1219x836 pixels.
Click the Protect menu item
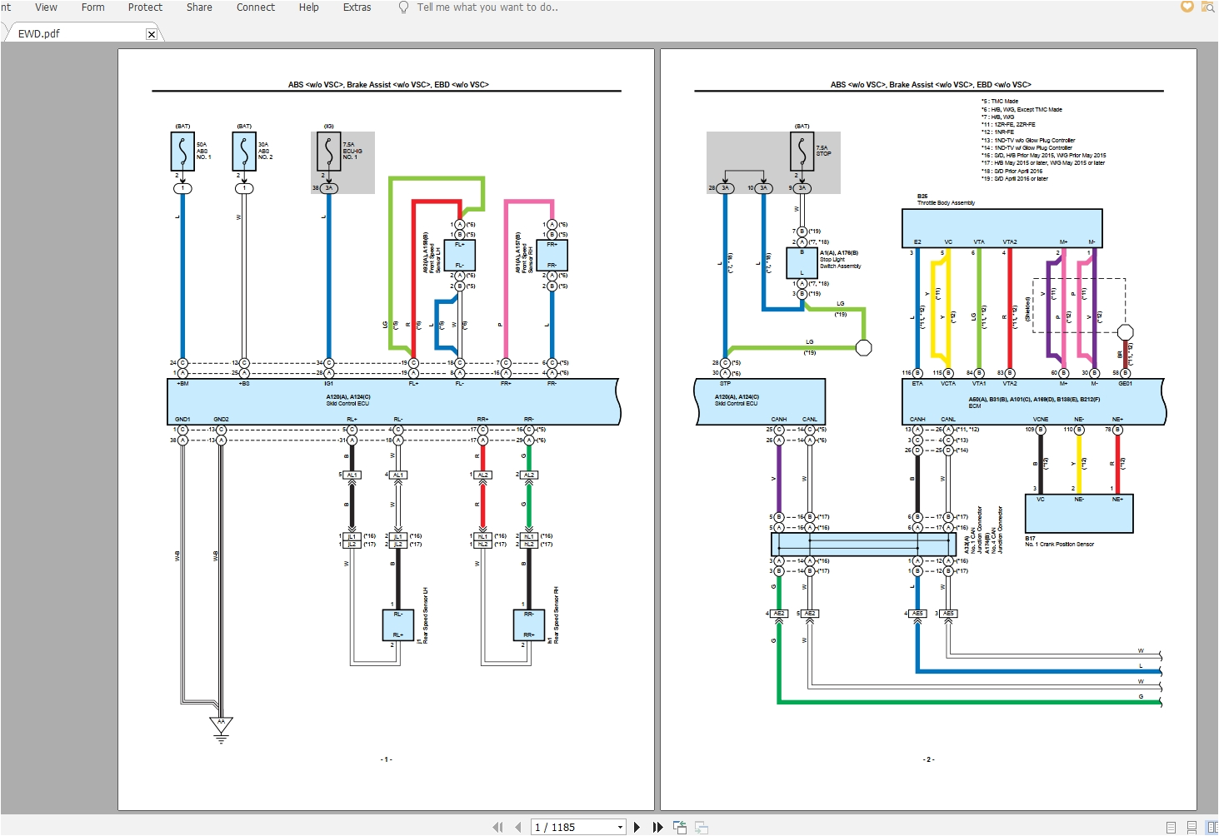[145, 7]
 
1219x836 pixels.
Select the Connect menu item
[255, 7]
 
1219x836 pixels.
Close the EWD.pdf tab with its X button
[151, 34]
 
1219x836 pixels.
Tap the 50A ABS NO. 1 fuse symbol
[182, 152]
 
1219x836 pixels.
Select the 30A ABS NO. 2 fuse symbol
[244, 152]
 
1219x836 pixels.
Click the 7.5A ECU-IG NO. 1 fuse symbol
[329, 152]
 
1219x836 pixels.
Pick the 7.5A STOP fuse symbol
[802, 152]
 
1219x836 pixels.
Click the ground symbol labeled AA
[221, 725]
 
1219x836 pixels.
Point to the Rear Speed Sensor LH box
[397, 625]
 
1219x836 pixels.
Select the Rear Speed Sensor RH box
[528, 625]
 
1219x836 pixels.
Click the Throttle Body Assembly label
[946, 203]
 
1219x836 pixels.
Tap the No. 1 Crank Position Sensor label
[1059, 545]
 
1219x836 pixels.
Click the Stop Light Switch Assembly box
[802, 262]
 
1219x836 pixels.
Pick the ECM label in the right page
[975, 406]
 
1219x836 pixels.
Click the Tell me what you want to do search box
[487, 7]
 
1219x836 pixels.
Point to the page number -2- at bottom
[928, 759]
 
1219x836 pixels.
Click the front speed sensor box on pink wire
[552, 255]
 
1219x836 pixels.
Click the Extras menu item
[357, 7]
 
